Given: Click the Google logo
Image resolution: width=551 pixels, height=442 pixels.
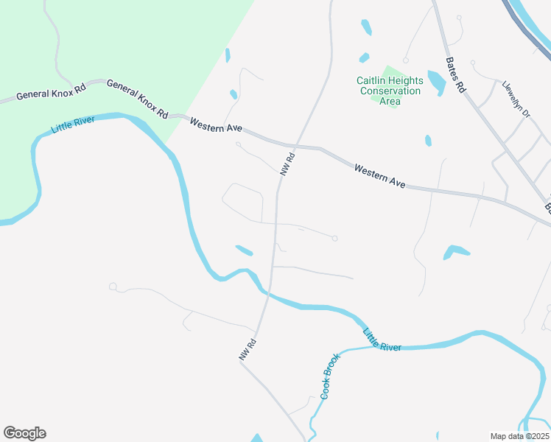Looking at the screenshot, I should pyautogui.click(x=25, y=432).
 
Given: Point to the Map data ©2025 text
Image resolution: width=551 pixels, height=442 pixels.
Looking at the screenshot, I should pyautogui.click(x=519, y=436).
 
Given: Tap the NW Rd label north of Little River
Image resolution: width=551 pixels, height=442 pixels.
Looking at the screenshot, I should pyautogui.click(x=287, y=164).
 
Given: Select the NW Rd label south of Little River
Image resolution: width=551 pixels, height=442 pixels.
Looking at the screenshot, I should pyautogui.click(x=247, y=349).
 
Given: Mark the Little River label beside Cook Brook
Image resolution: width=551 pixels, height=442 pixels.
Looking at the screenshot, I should pyautogui.click(x=382, y=340).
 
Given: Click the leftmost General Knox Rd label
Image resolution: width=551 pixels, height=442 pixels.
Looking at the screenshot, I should pyautogui.click(x=51, y=94).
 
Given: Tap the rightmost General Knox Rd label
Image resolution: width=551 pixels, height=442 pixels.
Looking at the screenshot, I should pyautogui.click(x=137, y=99).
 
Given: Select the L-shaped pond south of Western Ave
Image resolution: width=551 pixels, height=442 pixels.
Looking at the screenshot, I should pyautogui.click(x=455, y=252).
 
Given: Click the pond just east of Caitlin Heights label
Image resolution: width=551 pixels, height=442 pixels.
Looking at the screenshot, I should pyautogui.click(x=435, y=82).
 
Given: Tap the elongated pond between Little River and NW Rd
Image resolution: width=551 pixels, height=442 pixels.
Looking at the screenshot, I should pyautogui.click(x=244, y=250).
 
